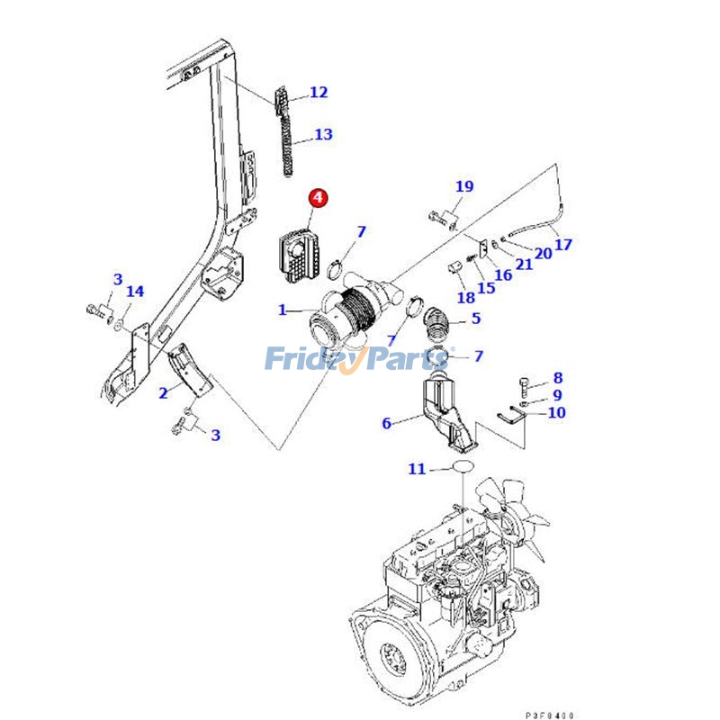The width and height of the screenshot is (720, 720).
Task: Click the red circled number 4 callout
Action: point(319,197)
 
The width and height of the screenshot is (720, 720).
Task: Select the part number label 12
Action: point(319,92)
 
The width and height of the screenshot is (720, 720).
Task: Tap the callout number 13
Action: point(323,135)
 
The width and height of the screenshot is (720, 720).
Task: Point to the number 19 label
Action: point(463,187)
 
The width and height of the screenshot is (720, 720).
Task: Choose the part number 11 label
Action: point(416,469)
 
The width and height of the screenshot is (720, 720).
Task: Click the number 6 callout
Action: point(387,423)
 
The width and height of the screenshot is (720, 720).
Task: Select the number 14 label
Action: point(134,292)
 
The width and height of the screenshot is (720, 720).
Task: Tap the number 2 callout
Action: point(163,393)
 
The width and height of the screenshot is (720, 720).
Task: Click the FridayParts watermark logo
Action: point(360,360)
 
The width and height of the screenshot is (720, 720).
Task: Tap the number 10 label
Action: point(556,413)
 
